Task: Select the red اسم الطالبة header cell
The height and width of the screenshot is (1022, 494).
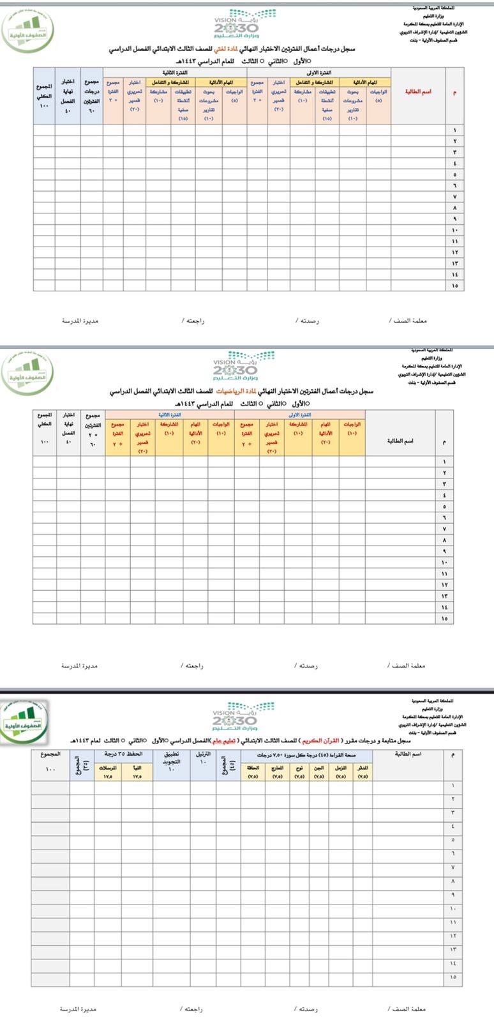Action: click(x=418, y=92)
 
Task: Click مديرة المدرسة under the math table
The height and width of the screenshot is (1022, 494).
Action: click(x=79, y=666)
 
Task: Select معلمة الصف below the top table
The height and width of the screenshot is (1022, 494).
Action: click(x=408, y=321)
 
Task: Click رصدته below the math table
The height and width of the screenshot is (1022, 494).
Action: click(x=306, y=666)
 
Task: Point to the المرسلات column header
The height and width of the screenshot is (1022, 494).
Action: click(x=109, y=768)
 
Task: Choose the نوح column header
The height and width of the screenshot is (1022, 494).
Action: click(x=298, y=768)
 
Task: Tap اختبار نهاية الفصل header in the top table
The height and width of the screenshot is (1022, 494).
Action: click(x=68, y=92)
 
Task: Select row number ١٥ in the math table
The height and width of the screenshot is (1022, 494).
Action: click(x=444, y=618)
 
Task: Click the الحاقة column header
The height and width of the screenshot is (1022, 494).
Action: click(x=252, y=768)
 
